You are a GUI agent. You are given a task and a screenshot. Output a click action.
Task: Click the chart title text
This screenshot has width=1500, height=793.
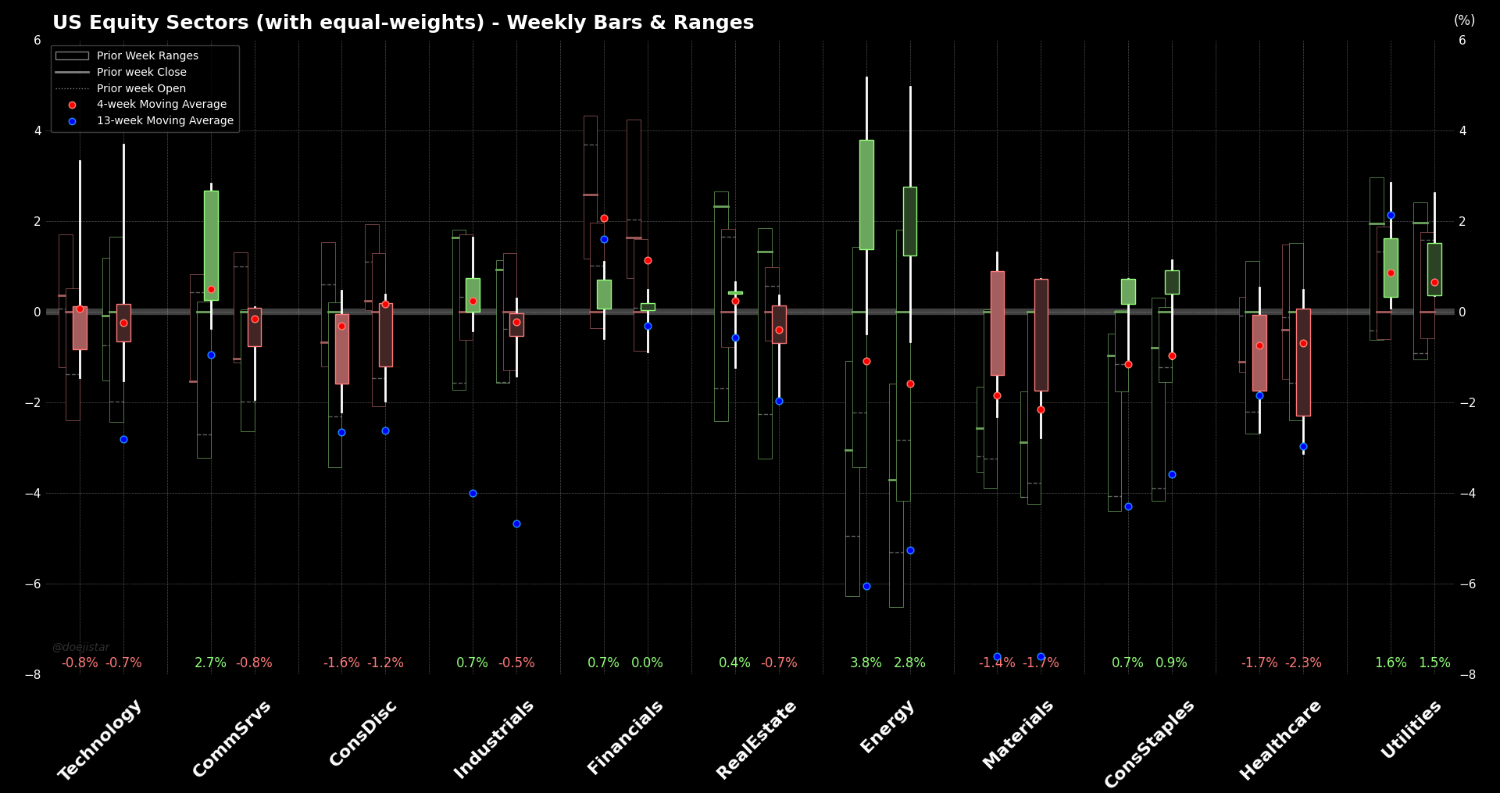(x=403, y=23)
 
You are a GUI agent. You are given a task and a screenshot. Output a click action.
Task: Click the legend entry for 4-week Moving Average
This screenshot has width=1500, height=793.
(x=161, y=104)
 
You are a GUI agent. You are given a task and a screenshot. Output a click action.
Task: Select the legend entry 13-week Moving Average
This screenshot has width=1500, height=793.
(x=165, y=120)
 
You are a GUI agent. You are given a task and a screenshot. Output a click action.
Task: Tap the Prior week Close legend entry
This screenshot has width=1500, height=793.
(x=141, y=72)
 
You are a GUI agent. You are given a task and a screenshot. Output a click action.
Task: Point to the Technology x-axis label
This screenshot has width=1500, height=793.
(x=100, y=739)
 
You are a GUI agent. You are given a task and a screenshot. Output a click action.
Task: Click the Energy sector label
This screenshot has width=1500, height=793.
(x=887, y=727)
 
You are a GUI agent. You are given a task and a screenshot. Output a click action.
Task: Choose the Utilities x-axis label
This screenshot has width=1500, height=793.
(x=1411, y=729)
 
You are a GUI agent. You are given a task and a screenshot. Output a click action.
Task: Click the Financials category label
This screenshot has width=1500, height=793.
(x=625, y=738)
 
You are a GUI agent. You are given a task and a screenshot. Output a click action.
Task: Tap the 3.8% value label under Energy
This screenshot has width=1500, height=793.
(x=866, y=663)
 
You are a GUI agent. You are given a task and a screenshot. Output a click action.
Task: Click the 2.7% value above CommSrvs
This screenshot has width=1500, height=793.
(x=210, y=663)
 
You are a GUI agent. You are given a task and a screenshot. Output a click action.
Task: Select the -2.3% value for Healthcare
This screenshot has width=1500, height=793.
(x=1303, y=663)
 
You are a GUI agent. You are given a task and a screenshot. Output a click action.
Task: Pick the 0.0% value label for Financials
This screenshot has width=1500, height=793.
(x=647, y=663)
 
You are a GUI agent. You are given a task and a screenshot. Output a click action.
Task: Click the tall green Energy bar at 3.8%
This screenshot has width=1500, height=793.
(x=866, y=195)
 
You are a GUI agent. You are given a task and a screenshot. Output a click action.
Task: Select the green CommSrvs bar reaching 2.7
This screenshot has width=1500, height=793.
(x=211, y=245)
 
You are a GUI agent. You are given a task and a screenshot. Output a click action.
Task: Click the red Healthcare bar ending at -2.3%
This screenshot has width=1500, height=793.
(x=1303, y=363)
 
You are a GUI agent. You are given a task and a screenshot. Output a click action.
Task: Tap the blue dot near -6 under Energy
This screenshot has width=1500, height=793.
(x=866, y=586)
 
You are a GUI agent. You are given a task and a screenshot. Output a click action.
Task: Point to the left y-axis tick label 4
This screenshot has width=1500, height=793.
(x=37, y=131)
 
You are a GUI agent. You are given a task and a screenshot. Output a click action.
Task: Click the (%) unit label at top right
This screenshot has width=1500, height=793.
(x=1464, y=20)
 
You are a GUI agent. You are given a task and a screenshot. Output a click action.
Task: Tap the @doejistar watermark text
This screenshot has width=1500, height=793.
(x=81, y=647)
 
